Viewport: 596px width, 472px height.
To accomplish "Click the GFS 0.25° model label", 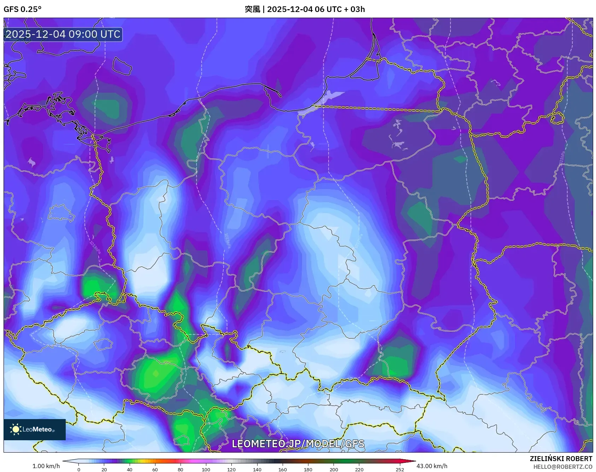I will pos(22,9).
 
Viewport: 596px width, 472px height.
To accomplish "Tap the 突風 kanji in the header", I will pos(252,9).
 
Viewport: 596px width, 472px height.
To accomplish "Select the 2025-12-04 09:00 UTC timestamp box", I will pos(63,34).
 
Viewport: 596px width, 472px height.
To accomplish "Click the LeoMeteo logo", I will pos(34,429).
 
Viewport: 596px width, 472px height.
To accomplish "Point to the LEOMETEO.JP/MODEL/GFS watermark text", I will pos(298,443).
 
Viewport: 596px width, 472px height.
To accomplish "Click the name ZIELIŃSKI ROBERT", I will pos(561,459).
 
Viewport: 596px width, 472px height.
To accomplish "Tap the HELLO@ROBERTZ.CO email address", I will pos(562,467).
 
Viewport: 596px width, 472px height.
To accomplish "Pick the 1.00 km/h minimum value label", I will pos(46,466).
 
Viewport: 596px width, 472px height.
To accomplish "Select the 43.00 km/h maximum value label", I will pos(432,466).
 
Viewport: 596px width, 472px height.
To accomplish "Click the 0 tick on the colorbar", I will pos(79,469).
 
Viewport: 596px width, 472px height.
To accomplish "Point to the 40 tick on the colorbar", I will pos(130,469).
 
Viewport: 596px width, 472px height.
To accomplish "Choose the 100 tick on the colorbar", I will pos(206,469).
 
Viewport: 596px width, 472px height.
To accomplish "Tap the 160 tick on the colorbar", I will pos(283,469).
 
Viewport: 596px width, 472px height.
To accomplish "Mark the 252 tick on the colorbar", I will pos(400,469).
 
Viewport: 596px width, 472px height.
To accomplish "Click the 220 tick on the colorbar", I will pos(359,469).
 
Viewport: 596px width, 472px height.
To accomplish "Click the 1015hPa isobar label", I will pos(227,240).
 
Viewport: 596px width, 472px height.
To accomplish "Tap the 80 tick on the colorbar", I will pos(181,469).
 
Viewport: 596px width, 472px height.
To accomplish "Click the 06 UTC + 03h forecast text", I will pos(340,9).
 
